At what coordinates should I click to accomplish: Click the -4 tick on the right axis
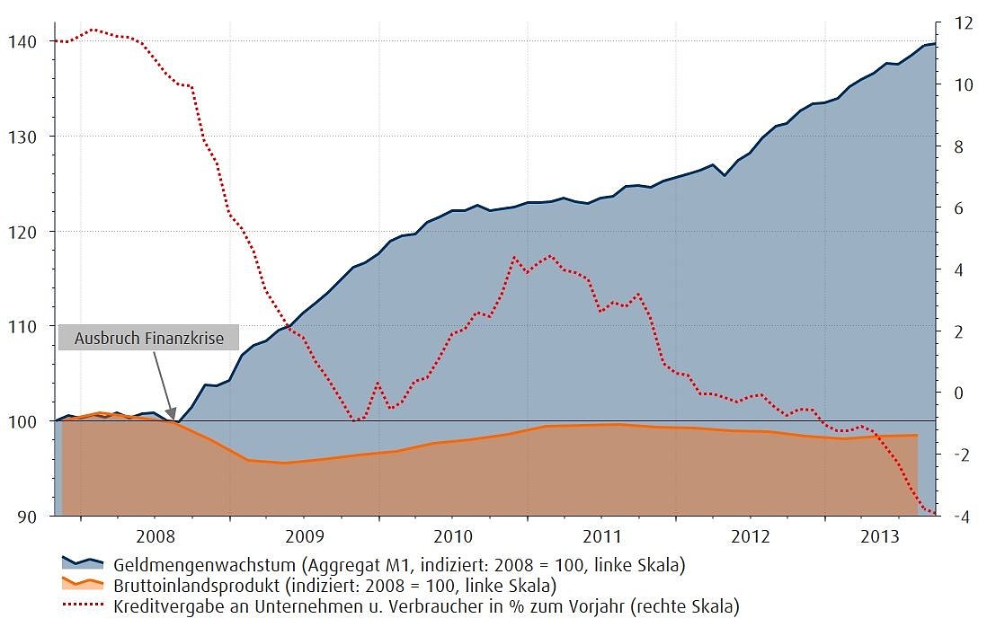pyautogui.click(x=964, y=517)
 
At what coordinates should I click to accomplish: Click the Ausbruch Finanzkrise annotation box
pyautogui.click(x=148, y=338)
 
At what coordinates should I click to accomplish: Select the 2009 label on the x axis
pyautogui.click(x=303, y=536)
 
